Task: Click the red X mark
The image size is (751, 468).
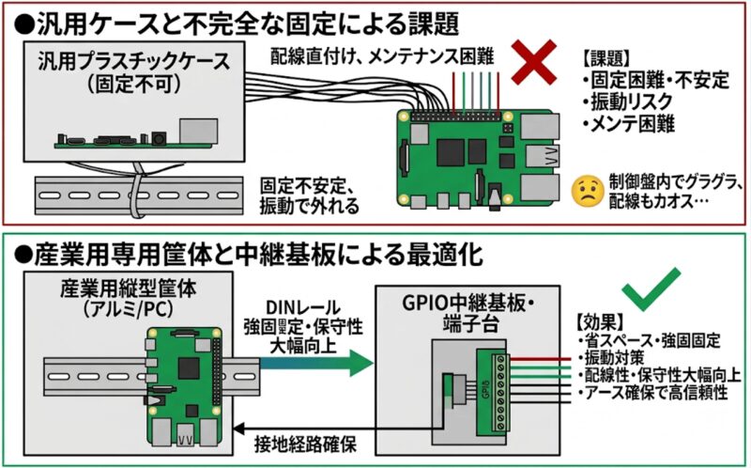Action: pos(537,63)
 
